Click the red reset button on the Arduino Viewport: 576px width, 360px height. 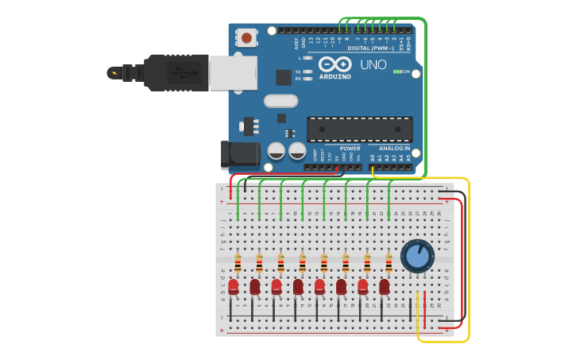247,37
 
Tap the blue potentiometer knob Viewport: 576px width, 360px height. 417,256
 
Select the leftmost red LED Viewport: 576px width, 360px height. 234,286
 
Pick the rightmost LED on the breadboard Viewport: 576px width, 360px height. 385,286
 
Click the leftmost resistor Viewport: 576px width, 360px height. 238,263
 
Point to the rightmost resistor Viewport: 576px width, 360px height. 389,263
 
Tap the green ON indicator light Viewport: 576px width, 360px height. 397,72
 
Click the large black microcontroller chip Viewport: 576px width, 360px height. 359,129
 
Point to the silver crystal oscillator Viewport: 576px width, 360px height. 280,101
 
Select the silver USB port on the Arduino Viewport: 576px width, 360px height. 233,72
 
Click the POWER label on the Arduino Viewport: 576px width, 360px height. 350,149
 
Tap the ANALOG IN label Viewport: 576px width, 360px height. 395,149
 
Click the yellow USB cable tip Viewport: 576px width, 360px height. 113,73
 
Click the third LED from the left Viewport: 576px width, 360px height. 276,286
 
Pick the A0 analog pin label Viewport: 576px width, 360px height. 372,158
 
